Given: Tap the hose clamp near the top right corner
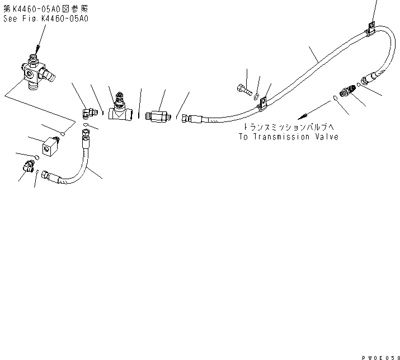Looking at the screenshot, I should (x=371, y=29).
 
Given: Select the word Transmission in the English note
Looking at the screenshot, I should (x=280, y=137).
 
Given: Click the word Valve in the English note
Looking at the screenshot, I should (x=326, y=137).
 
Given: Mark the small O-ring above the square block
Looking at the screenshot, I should (x=65, y=134).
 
